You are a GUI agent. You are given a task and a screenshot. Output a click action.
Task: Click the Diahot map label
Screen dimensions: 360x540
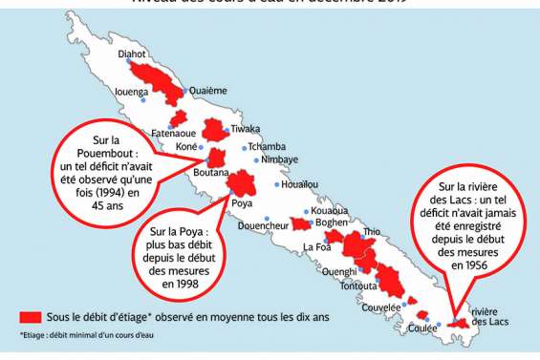click(132, 54)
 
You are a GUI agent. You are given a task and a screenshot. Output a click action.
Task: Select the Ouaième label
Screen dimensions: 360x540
click(208, 91)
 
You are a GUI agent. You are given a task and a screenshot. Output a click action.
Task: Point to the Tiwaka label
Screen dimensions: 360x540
click(246, 128)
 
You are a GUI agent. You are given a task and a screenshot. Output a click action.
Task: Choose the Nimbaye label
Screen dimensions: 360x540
click(279, 159)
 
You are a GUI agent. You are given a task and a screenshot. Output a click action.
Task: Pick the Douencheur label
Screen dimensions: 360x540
click(263, 225)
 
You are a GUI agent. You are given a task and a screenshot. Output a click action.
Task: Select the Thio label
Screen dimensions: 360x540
click(372, 231)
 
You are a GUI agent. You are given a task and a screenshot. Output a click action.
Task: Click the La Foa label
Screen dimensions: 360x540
click(316, 247)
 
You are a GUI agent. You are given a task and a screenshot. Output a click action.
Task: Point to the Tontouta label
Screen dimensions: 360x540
click(357, 286)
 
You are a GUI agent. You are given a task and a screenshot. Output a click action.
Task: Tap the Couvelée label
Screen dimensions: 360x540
click(380, 307)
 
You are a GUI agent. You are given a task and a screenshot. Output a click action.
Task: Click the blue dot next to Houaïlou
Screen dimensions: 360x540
click(278, 184)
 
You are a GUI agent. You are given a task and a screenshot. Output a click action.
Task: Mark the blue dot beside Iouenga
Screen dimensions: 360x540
click(143, 100)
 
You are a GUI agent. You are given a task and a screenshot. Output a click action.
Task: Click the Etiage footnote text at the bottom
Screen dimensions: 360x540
click(86, 335)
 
